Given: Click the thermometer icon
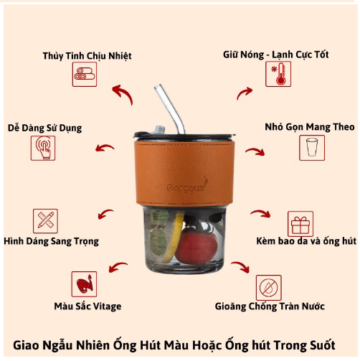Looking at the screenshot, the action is click(278, 74).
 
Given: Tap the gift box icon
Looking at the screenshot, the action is click(300, 224).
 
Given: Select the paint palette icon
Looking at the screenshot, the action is click(84, 284).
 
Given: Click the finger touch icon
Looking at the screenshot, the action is click(43, 148).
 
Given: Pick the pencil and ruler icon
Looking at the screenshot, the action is click(45, 221).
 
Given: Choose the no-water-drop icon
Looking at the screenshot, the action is click(269, 288).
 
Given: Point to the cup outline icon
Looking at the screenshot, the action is click(312, 148).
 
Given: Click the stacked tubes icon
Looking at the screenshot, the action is click(85, 74).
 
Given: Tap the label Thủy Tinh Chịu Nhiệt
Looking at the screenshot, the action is click(87, 56).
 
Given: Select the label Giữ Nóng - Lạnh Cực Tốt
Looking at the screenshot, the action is click(276, 55).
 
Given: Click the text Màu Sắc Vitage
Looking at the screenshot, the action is click(87, 306).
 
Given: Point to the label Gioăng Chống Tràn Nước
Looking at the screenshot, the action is click(270, 306).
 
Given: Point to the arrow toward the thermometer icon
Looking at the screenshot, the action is click(245, 93).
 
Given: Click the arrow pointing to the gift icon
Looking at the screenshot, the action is click(261, 212).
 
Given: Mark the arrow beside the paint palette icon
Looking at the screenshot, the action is click(118, 266).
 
